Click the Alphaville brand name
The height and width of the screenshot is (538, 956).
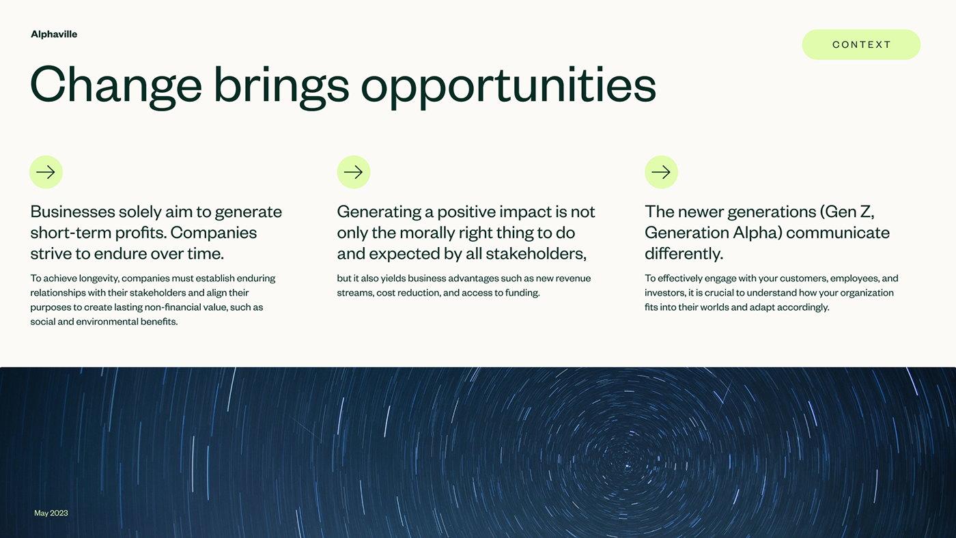click(54, 34)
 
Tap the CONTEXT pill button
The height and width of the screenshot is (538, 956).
click(861, 44)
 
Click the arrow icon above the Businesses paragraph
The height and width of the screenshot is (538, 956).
click(46, 172)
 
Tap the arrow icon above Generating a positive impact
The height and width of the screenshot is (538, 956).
click(354, 172)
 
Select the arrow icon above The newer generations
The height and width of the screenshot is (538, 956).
click(661, 172)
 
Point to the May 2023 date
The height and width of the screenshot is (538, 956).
click(51, 513)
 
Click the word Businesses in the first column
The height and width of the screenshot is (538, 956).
click(72, 212)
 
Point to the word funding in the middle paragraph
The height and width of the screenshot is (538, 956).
click(521, 293)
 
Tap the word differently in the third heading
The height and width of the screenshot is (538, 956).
click(683, 254)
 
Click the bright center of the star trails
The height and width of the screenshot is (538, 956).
click(628, 466)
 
